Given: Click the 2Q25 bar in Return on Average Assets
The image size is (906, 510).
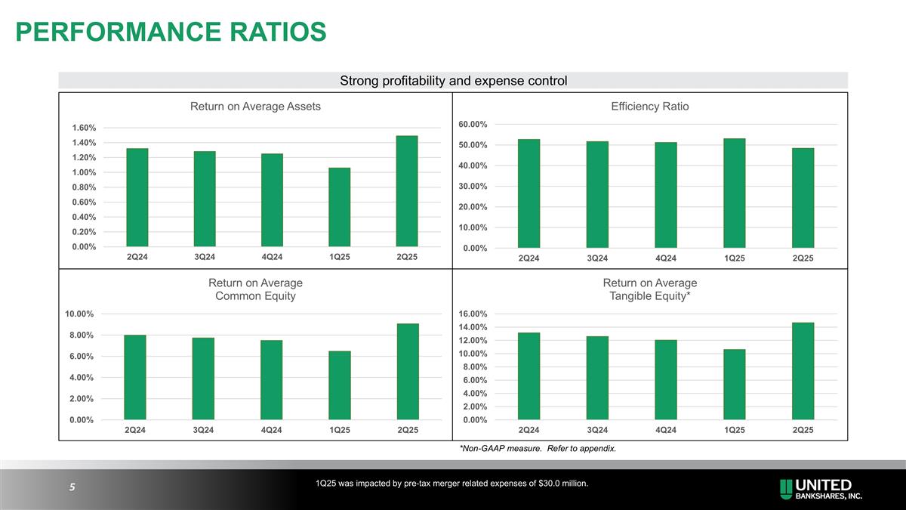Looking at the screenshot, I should pyautogui.click(x=407, y=191).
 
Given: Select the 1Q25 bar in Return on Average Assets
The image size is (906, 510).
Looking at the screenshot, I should pyautogui.click(x=339, y=207).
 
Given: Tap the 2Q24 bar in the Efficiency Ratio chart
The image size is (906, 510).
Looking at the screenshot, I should pyautogui.click(x=528, y=193).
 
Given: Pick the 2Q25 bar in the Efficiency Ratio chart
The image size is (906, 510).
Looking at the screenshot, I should pyautogui.click(x=803, y=198).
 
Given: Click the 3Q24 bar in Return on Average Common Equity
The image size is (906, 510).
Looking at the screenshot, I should pyautogui.click(x=203, y=379).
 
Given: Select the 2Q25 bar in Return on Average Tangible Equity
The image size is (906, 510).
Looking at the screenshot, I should pyautogui.click(x=803, y=371).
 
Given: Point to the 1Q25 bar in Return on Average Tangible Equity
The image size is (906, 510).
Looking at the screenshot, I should pyautogui.click(x=734, y=385).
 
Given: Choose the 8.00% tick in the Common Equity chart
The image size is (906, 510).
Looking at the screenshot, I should pyautogui.click(x=78, y=335).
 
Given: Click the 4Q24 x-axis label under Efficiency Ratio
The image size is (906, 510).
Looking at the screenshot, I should pyautogui.click(x=665, y=258).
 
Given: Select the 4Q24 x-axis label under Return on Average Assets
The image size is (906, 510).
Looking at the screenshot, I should pyautogui.click(x=272, y=257).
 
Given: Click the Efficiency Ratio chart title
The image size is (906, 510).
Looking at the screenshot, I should pyautogui.click(x=649, y=107).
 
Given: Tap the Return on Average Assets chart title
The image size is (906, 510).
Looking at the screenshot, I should pyautogui.click(x=255, y=107).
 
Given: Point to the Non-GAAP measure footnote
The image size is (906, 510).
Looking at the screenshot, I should pyautogui.click(x=538, y=449).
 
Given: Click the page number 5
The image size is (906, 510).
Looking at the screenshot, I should pyautogui.click(x=72, y=487).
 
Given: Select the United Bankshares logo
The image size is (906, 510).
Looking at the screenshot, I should pyautogui.click(x=822, y=490).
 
